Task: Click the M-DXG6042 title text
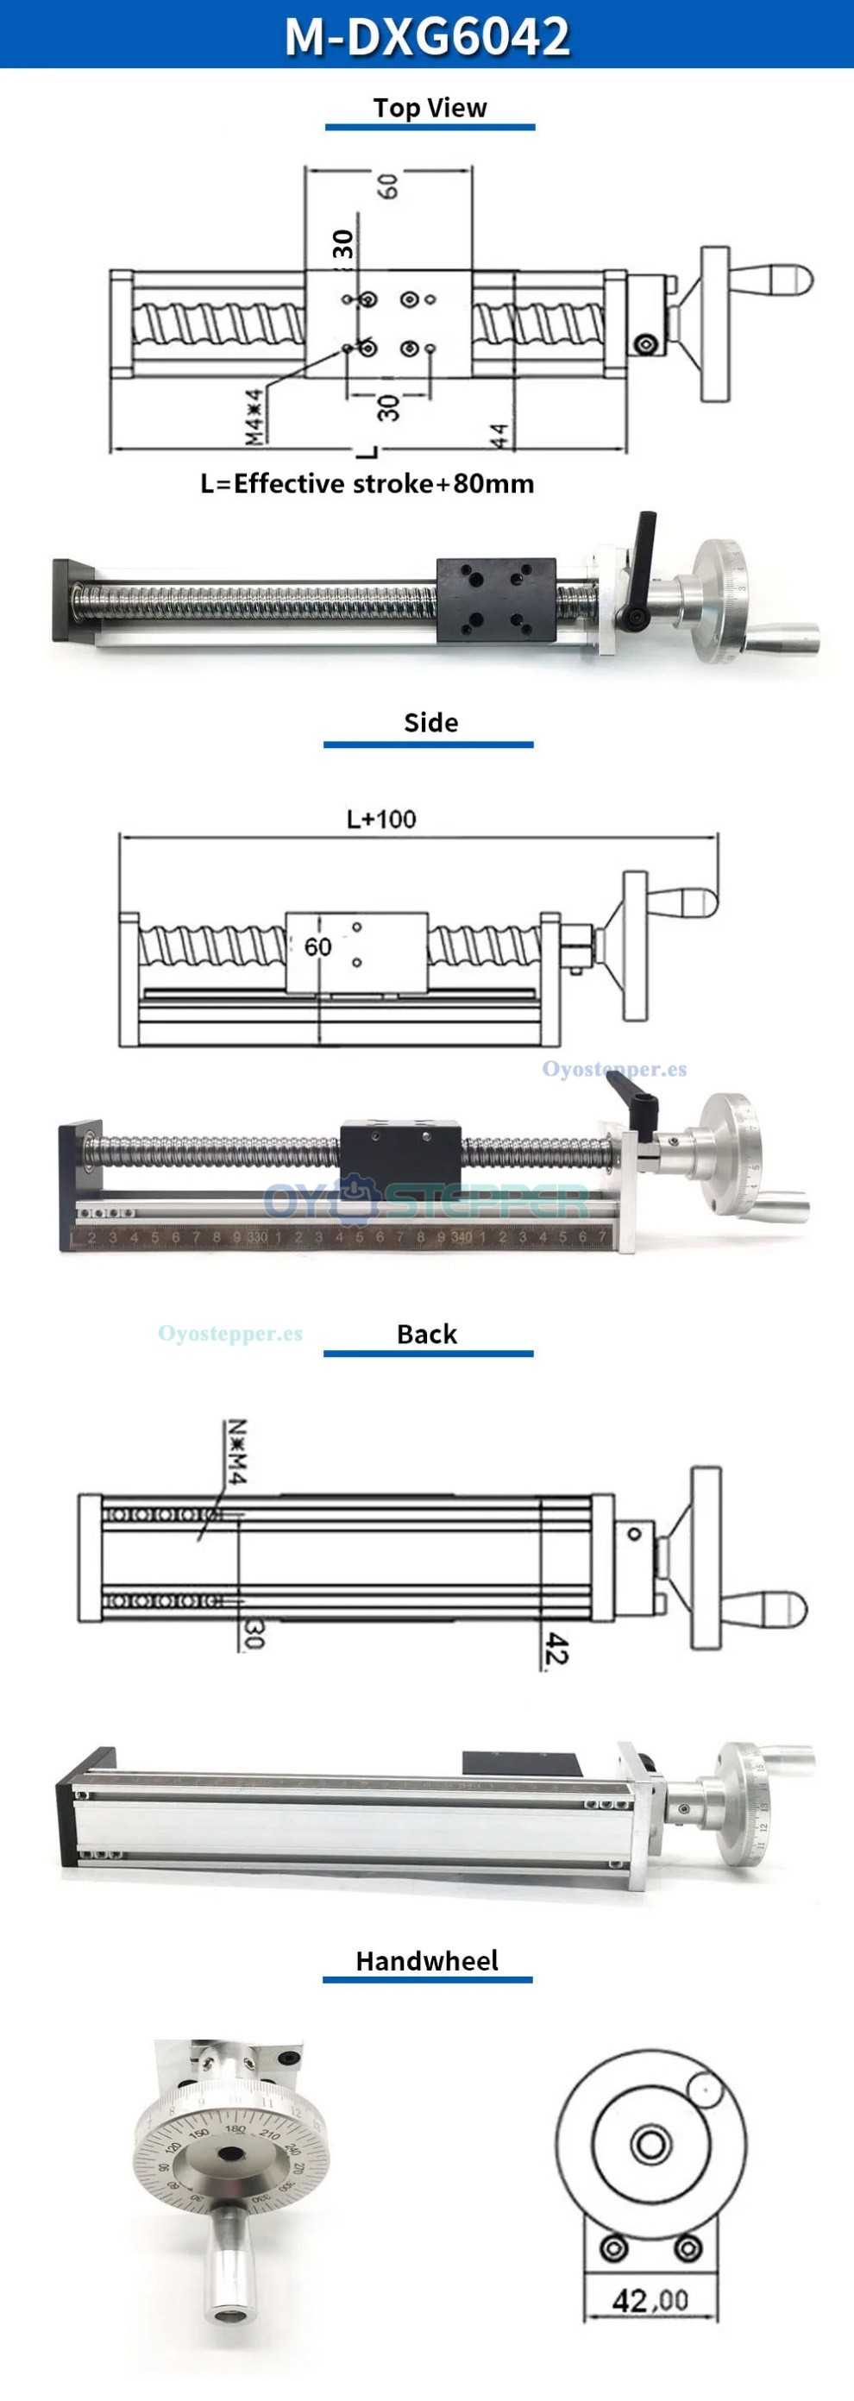427,35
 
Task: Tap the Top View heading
430,108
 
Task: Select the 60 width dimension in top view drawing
389,185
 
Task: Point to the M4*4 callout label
254,416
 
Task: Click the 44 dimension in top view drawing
499,437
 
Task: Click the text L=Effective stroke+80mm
367,484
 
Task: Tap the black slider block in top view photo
496,600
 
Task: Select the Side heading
430,722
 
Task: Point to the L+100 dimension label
381,820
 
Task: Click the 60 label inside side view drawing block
318,947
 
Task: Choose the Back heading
427,1334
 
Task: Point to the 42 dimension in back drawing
556,1648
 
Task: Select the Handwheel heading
427,1960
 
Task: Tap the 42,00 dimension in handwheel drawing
650,2300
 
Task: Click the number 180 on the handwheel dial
234,2131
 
